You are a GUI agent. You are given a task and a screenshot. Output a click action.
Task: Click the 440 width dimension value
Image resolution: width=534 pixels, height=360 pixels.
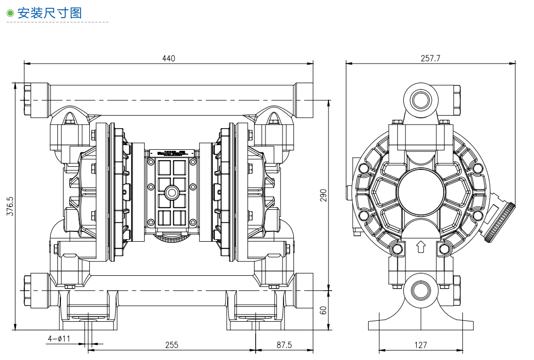pos(169,58)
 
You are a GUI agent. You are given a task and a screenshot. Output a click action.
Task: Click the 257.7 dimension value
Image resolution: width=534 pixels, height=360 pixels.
pos(430,58)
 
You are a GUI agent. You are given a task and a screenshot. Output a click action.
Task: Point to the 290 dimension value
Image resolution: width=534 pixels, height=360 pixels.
pos(324,195)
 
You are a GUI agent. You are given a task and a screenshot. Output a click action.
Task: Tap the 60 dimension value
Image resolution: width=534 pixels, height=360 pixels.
pos(324,310)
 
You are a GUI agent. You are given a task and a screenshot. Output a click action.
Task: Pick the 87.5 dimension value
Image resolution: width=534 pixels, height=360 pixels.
pos(284,345)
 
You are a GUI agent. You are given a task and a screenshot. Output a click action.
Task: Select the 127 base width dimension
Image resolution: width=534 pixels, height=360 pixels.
pos(421,345)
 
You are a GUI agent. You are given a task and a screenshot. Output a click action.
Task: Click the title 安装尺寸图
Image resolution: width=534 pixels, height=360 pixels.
pos(50,13)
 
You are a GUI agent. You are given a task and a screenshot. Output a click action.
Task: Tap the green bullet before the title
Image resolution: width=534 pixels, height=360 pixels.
pos(10,13)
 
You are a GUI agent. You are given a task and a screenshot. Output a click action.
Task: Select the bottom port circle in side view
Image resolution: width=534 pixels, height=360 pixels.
pos(420,289)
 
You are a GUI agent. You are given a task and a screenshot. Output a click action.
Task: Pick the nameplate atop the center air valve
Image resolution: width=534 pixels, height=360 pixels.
pos(171,153)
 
